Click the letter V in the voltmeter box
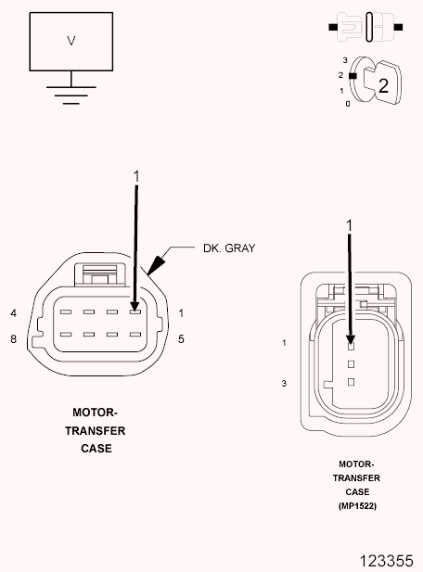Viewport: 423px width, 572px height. (71, 41)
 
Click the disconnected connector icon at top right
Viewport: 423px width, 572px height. (365, 27)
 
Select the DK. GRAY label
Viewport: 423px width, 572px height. (228, 248)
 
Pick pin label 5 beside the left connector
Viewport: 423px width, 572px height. (181, 339)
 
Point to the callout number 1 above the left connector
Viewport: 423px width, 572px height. (136, 175)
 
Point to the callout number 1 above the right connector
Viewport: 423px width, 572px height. (350, 225)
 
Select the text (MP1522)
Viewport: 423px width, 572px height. (357, 506)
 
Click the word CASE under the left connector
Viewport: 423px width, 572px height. (96, 449)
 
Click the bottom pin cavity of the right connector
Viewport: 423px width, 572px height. (352, 381)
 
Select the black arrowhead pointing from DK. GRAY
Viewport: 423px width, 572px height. (153, 265)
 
